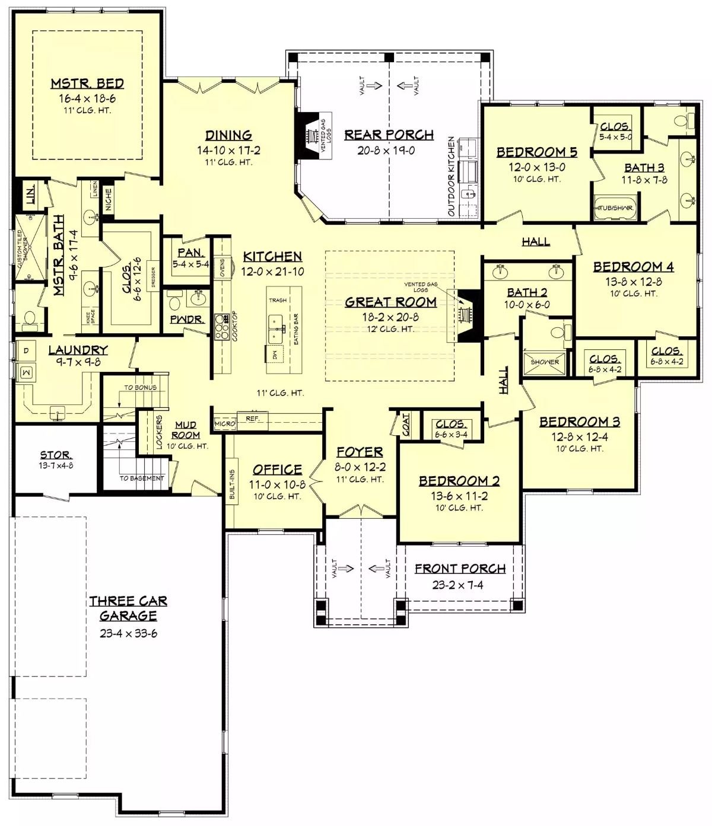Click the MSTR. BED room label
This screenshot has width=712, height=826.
87,84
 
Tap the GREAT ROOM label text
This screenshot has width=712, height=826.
390,302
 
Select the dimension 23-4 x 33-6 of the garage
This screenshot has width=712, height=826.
128,633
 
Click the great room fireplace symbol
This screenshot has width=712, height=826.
467,315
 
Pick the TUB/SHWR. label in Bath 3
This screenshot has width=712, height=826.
615,208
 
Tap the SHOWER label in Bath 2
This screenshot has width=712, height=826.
545,362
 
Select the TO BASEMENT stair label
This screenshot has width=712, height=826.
141,478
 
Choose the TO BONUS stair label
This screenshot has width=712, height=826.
140,387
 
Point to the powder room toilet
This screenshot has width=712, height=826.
174,303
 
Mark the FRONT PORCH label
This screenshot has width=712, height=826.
460,569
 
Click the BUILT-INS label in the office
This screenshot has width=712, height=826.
232,484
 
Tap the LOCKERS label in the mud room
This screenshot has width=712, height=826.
159,432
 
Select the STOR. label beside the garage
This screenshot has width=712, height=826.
56,455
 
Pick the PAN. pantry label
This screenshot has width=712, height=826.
190,253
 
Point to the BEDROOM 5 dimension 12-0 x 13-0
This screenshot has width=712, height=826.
536,167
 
